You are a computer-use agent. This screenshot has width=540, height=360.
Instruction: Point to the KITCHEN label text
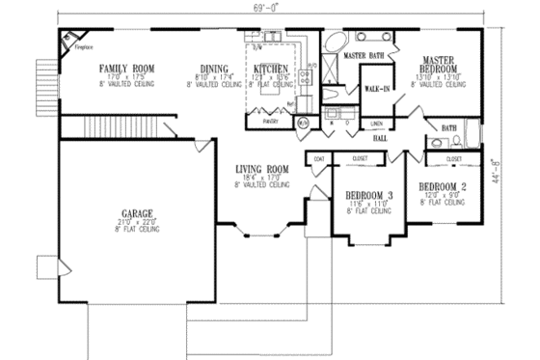coord(271,69)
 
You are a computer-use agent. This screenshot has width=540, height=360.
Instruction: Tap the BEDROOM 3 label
coord(368,196)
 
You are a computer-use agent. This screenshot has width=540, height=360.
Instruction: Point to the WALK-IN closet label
coord(376,90)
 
